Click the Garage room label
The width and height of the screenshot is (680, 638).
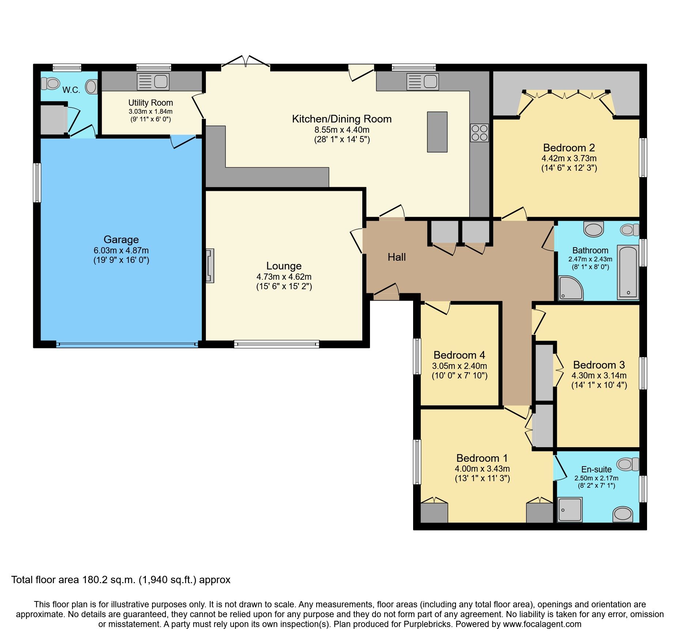click(121, 239)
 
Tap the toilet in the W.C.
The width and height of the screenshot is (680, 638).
click(50, 83)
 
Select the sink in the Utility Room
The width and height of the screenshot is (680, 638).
click(153, 82)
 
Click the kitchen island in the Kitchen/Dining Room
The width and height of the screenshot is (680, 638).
click(437, 132)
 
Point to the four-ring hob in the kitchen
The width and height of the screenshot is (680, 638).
click(479, 133)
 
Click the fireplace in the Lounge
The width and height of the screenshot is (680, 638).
click(210, 266)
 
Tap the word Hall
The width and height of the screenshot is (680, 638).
click(397, 257)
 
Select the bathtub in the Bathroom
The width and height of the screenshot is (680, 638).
click(628, 272)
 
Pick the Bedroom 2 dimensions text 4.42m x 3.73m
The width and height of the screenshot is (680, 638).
click(569, 158)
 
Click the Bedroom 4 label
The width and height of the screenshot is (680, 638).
click(459, 355)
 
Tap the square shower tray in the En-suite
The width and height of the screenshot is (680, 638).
click(570, 509)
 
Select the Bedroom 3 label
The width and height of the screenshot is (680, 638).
click(599, 365)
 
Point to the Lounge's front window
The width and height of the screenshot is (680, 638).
click(276, 344)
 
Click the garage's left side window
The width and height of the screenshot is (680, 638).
click(37, 182)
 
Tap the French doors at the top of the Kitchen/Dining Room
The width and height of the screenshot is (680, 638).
click(246, 63)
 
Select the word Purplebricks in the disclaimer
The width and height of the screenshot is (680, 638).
click(427, 624)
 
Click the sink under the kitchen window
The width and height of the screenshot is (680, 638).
click(422, 82)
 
